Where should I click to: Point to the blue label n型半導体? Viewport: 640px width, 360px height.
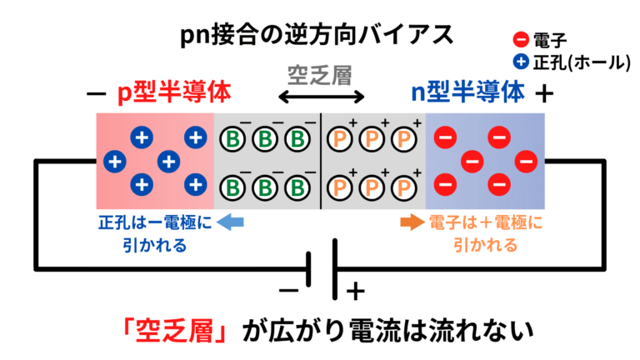(x=468, y=93)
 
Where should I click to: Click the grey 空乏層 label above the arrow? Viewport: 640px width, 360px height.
(x=319, y=73)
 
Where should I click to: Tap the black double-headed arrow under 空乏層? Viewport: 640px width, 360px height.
(x=321, y=98)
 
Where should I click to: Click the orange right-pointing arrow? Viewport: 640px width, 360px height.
(x=412, y=222)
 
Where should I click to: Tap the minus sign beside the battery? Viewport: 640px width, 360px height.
(x=287, y=291)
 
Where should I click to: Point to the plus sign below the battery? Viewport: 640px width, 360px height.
(x=356, y=292)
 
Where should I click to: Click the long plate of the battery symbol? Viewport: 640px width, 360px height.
(x=336, y=267)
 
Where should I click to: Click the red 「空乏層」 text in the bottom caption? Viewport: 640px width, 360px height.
(x=172, y=331)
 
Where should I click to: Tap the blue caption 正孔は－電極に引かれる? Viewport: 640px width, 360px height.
(x=155, y=233)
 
